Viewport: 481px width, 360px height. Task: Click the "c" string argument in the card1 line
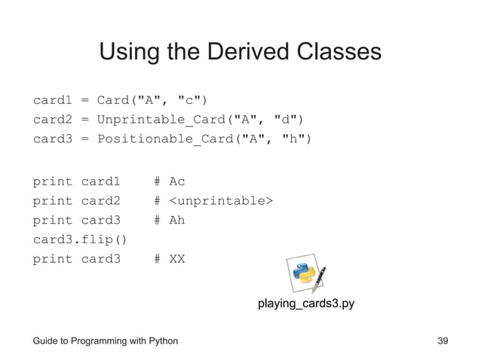click(186, 100)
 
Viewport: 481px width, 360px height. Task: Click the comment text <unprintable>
click(221, 201)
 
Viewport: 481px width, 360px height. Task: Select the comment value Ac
click(177, 182)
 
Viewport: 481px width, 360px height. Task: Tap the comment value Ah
click(177, 221)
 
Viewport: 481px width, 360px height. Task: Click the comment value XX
click(177, 259)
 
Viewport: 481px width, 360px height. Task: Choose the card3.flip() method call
click(80, 240)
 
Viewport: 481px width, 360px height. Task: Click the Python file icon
click(305, 275)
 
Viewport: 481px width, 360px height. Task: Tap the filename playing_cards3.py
click(305, 304)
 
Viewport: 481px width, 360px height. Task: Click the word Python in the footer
click(161, 341)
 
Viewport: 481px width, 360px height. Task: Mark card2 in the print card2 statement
click(100, 201)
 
